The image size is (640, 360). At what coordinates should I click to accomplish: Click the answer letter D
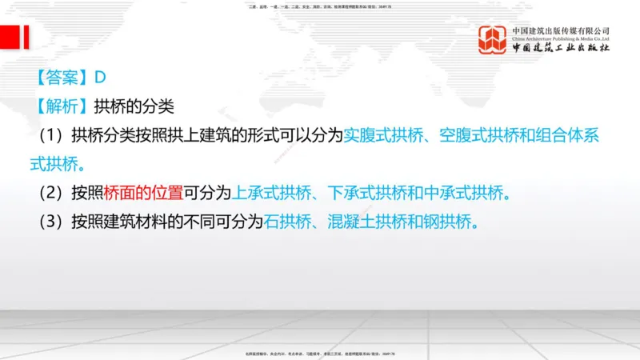click(x=101, y=78)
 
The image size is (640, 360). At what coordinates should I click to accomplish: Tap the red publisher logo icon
click(x=492, y=39)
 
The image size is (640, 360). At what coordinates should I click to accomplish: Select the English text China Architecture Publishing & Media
click(x=561, y=38)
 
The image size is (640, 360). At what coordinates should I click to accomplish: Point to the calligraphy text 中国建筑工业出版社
click(x=561, y=49)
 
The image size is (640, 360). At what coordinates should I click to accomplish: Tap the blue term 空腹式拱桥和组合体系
click(x=512, y=135)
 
